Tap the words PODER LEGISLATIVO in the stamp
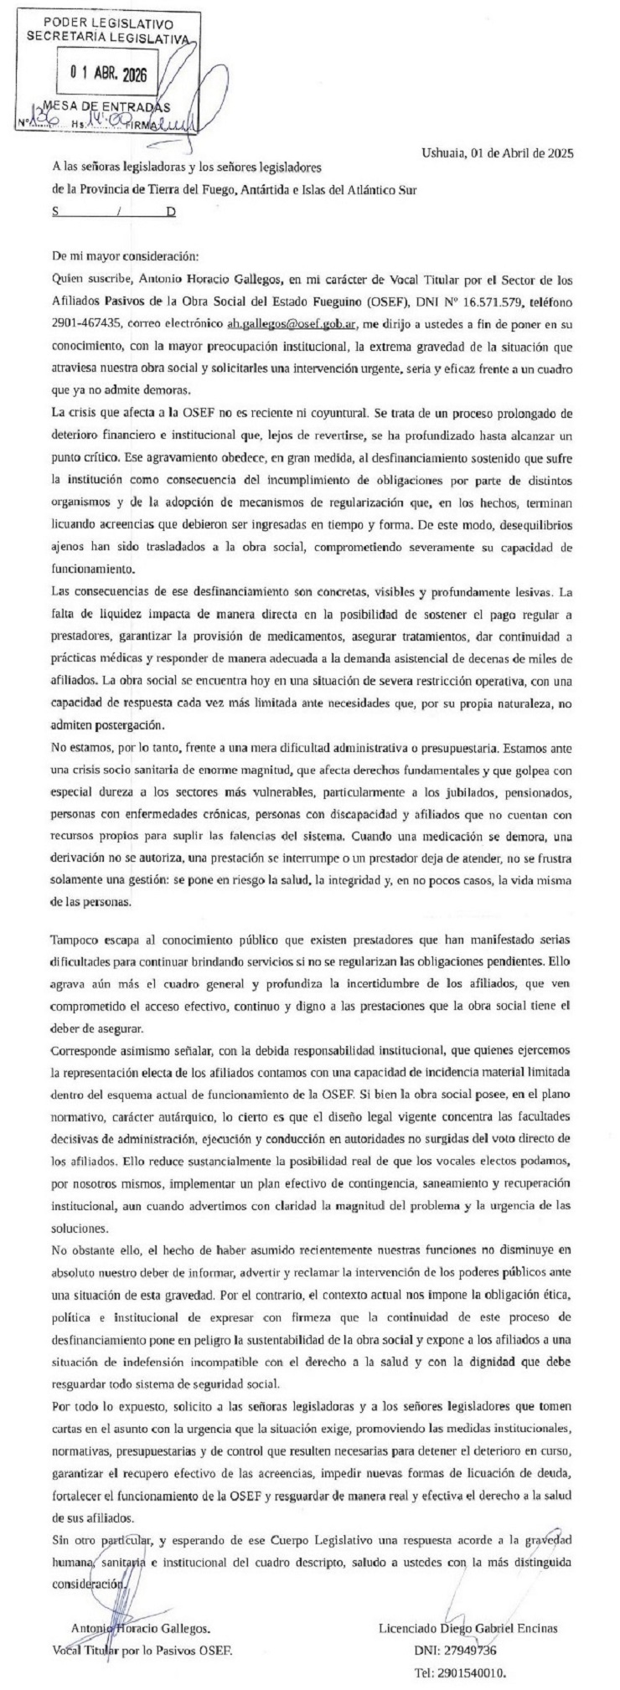[107, 20]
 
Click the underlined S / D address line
[115, 213]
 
